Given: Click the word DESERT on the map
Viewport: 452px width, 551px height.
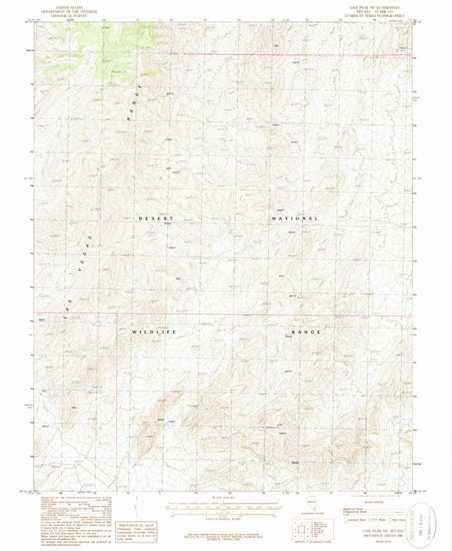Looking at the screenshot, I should click(155, 218).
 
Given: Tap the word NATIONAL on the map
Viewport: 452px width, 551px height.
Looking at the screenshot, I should click(294, 218).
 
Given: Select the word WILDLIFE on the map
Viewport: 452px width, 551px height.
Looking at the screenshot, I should click(153, 331).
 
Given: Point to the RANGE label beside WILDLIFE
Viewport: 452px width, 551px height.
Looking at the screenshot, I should click(306, 331).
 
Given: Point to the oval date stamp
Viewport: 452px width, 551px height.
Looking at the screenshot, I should click(421, 518).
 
